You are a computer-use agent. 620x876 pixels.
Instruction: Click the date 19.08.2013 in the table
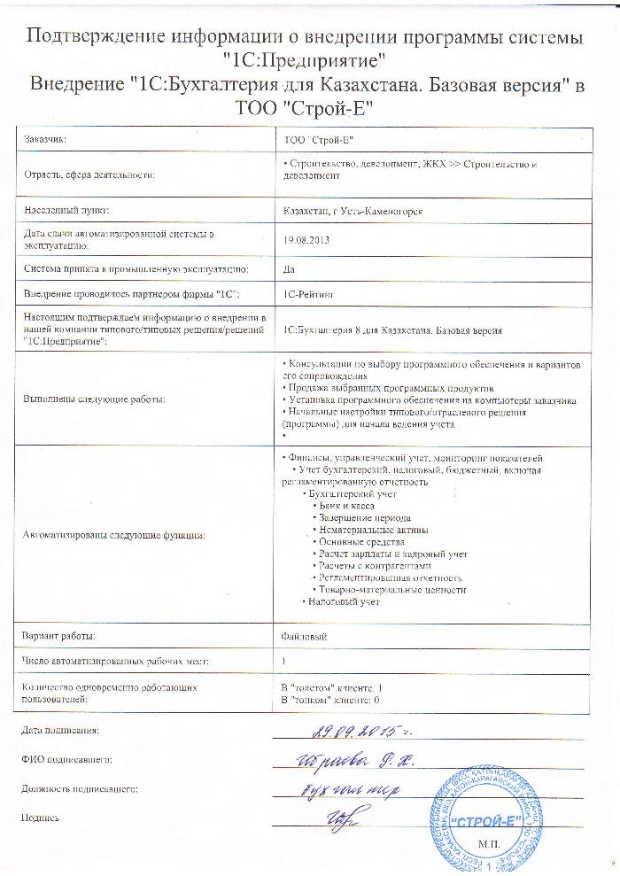coord(303,239)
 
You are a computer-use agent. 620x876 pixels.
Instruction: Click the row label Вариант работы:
coord(59,636)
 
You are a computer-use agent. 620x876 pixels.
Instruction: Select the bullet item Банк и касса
coord(347,504)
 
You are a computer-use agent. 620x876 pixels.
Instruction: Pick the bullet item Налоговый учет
coord(344,602)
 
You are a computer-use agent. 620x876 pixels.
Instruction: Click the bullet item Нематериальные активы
coord(372,529)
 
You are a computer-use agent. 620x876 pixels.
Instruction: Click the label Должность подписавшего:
coord(79,787)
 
